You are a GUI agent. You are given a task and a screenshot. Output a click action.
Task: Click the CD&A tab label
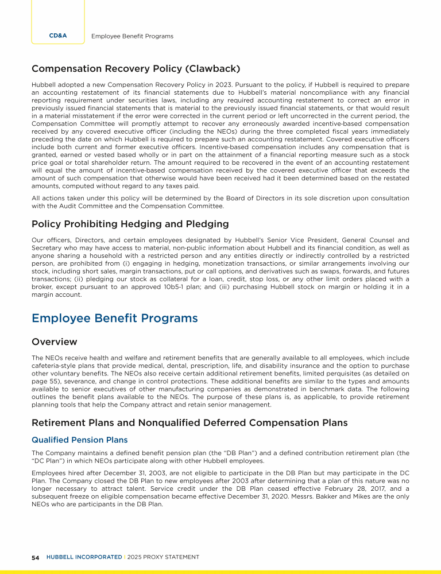point(58,36)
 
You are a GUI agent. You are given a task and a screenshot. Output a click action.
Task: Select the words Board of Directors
point(254,198)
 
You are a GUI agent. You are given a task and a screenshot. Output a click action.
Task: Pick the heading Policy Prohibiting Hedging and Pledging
point(130,224)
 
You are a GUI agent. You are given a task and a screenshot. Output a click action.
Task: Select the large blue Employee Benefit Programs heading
point(115,318)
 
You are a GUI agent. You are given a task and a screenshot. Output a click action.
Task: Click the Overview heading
point(55,342)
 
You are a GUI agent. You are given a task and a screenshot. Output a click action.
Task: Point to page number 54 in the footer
point(35,557)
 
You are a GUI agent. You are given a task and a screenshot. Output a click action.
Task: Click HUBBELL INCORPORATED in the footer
point(84,557)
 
